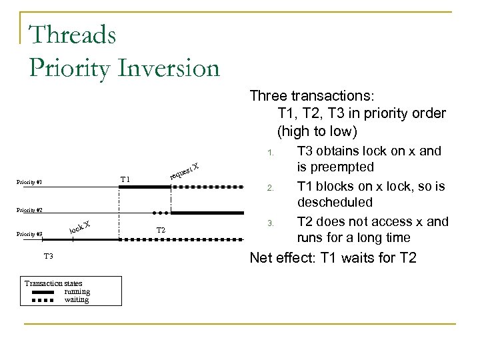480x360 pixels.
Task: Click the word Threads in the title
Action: tap(73, 35)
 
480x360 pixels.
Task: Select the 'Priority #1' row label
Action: tap(30, 183)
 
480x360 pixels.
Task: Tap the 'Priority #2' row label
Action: tap(30, 210)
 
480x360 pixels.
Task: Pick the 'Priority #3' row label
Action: tap(30, 234)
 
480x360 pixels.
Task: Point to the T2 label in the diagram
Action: tap(161, 231)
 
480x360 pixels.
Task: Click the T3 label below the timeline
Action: tap(49, 256)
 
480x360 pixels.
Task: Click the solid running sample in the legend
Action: tap(43, 292)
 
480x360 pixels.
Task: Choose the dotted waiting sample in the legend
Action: tap(43, 300)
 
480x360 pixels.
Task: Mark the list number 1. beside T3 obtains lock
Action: tap(269, 153)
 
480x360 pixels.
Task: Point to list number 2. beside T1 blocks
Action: tap(269, 187)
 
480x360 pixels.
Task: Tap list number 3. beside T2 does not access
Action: tap(269, 223)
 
